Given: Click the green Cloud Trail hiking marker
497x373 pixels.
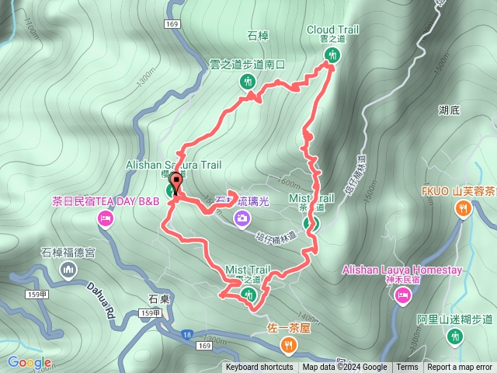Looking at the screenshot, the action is tap(333, 54).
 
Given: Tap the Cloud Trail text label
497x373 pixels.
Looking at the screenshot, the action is tap(333, 30).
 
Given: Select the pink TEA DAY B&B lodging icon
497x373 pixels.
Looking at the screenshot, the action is tap(105, 220).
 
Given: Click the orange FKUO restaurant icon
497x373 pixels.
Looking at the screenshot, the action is tap(464, 207).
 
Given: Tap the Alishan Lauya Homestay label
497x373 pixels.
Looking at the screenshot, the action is tap(402, 270).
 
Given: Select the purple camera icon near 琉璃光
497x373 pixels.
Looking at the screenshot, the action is tap(242, 218).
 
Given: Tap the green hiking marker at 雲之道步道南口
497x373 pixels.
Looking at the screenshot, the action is tap(248, 81).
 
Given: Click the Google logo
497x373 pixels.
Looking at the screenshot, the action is tap(30, 362).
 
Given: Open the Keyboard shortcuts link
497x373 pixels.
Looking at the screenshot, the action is tap(259, 368).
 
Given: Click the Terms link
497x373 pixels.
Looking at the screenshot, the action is tap(407, 368).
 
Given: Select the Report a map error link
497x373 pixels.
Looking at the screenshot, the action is tap(459, 368).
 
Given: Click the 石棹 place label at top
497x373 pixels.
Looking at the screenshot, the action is tap(257, 35).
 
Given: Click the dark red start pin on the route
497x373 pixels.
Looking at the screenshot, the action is tap(176, 184).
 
